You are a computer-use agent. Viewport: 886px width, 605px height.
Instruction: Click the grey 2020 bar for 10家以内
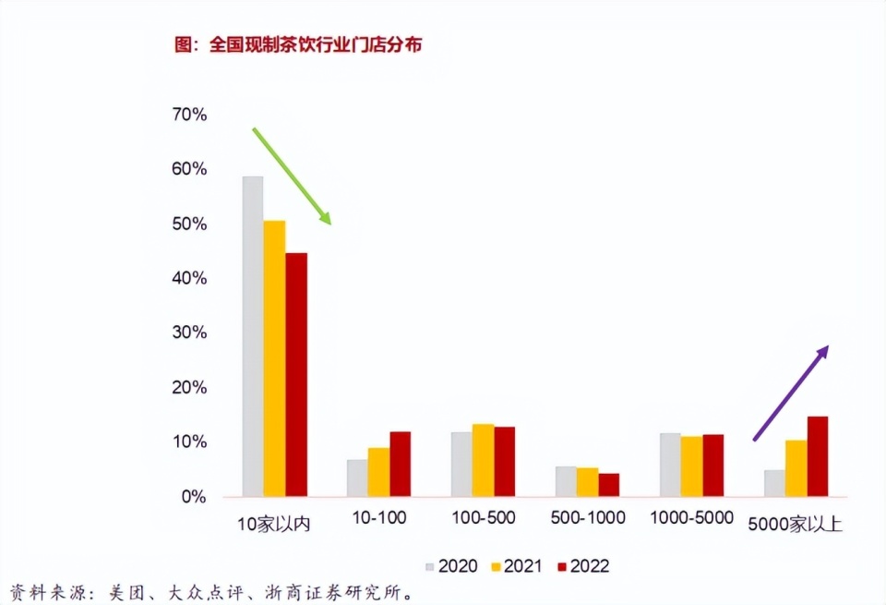click(252, 336)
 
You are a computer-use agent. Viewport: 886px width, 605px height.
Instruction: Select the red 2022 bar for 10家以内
click(296, 375)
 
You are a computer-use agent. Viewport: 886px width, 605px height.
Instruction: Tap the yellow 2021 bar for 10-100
click(378, 472)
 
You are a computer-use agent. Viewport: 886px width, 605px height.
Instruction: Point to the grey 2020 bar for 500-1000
click(566, 481)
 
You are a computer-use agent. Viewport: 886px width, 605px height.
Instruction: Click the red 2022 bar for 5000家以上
click(818, 456)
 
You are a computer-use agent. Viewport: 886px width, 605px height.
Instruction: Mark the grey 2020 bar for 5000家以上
click(774, 483)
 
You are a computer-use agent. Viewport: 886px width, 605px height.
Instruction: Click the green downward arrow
click(292, 175)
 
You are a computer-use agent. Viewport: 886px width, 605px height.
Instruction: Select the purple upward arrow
click(791, 393)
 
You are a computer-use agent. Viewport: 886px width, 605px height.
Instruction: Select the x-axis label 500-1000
click(587, 518)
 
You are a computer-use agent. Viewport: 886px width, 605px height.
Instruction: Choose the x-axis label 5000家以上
click(795, 523)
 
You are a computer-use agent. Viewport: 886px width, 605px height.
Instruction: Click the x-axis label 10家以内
click(273, 523)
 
